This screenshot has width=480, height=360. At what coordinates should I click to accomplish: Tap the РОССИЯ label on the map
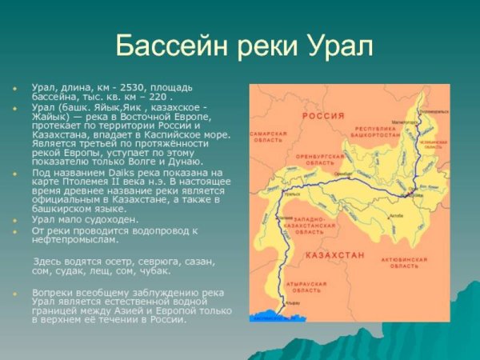(322, 115)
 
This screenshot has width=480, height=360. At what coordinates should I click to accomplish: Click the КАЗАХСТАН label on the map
(334, 254)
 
